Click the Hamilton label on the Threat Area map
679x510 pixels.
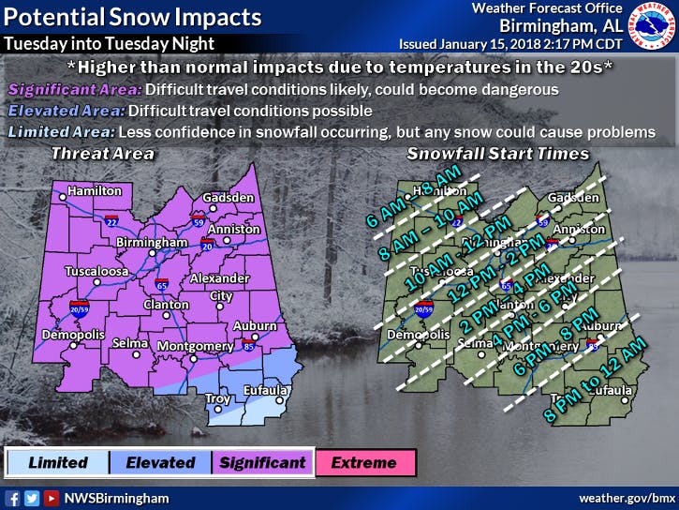pos(94,190)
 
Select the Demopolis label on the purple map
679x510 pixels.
pos(66,331)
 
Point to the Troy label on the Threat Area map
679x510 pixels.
pos(218,398)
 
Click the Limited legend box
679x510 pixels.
pos(57,462)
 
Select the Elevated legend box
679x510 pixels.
pos(159,462)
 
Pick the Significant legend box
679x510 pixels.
pos(261,462)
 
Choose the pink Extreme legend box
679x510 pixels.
pos(363,462)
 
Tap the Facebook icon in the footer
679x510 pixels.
pos(13,498)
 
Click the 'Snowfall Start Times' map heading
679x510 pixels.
pos(497,153)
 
